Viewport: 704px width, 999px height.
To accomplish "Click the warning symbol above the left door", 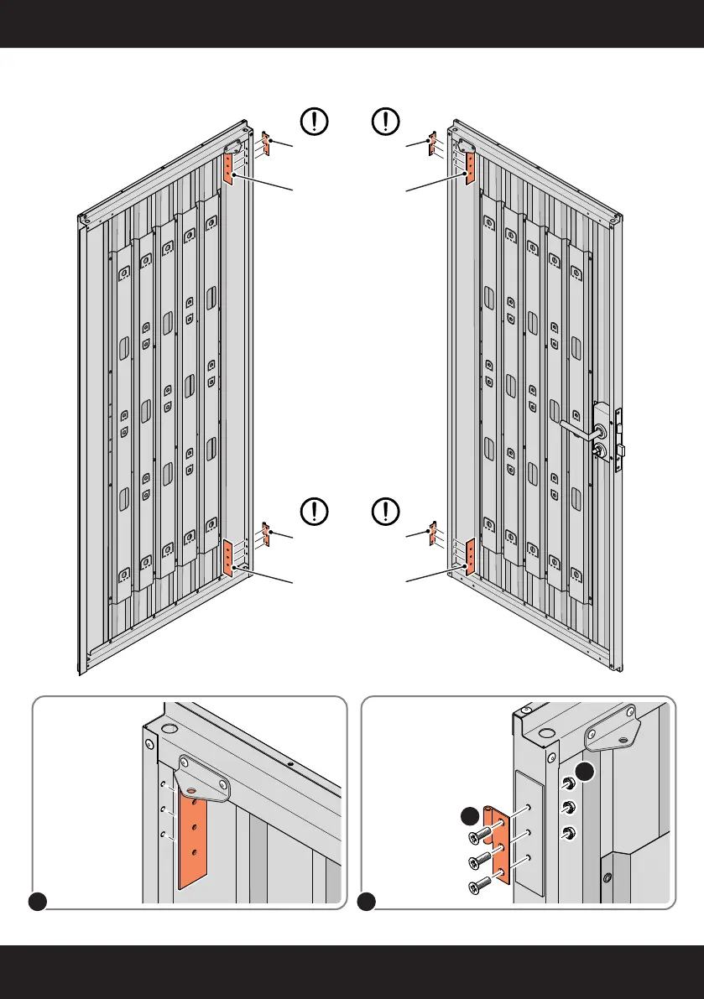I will point(314,122).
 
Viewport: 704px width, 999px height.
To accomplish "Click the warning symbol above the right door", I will point(385,122).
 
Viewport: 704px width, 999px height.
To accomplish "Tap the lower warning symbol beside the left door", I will point(314,510).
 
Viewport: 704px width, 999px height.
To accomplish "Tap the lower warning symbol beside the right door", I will point(385,510).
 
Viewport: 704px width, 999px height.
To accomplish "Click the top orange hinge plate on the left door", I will point(227,169).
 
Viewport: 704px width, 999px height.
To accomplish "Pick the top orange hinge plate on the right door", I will point(470,169).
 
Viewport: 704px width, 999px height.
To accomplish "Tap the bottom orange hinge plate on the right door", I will point(470,556).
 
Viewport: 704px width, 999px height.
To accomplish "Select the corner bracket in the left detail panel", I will point(202,778).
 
